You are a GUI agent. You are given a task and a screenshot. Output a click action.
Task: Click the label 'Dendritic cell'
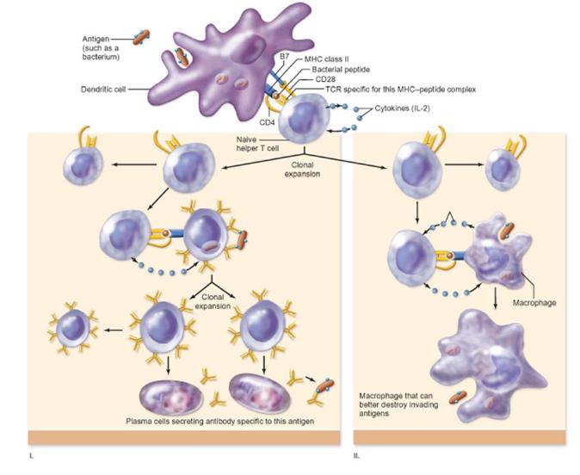pyautogui.click(x=103, y=89)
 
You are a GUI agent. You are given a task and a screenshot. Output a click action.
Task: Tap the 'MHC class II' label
pyautogui.click(x=327, y=59)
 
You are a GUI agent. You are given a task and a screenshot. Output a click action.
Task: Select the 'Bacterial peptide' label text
pyautogui.click(x=341, y=70)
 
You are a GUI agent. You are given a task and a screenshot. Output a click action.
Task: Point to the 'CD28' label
pyautogui.click(x=325, y=79)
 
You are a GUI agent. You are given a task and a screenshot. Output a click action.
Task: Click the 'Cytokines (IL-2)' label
pyautogui.click(x=402, y=108)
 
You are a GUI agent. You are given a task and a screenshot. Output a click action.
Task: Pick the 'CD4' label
pyautogui.click(x=267, y=122)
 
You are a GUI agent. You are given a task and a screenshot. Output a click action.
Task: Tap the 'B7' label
pyautogui.click(x=284, y=57)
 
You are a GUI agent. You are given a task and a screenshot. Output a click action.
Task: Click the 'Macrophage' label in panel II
pyautogui.click(x=534, y=303)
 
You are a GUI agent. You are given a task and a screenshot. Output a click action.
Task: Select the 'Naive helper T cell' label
pyautogui.click(x=258, y=145)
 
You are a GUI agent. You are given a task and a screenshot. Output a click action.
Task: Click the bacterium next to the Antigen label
pyautogui.click(x=142, y=37)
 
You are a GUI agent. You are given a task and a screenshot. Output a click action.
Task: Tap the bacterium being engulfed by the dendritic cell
pyautogui.click(x=182, y=57)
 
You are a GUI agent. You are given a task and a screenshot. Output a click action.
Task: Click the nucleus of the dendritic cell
pyautogui.click(x=247, y=47)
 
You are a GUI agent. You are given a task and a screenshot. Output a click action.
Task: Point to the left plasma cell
pyautogui.click(x=171, y=397)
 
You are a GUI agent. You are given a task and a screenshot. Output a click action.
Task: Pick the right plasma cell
pyautogui.click(x=260, y=392)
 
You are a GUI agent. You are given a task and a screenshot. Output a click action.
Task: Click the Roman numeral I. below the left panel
pyautogui.click(x=31, y=457)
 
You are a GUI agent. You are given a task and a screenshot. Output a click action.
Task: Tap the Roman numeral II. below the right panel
pyautogui.click(x=356, y=457)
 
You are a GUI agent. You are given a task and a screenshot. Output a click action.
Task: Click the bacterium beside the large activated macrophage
pyautogui.click(x=458, y=397)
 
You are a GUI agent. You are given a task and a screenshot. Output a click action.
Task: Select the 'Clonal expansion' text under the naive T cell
pyautogui.click(x=302, y=170)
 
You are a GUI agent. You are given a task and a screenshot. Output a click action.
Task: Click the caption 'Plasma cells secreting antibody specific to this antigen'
pyautogui.click(x=219, y=422)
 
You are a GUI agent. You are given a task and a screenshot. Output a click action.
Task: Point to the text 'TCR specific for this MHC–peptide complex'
pyautogui.click(x=401, y=89)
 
